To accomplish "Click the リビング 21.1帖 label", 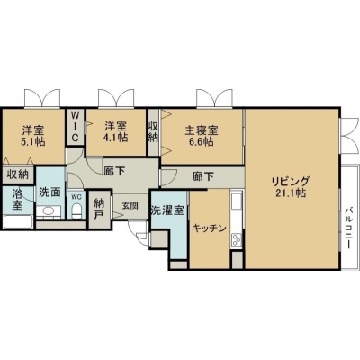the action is pyautogui.click(x=291, y=187).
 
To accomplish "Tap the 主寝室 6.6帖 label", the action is pyautogui.click(x=202, y=136).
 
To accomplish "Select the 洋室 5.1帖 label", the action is pyautogui.click(x=33, y=136).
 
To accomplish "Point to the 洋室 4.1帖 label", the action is pyautogui.click(x=116, y=131).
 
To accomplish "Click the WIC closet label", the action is pyautogui.click(x=76, y=127).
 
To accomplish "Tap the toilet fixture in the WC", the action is pyautogui.click(x=77, y=211).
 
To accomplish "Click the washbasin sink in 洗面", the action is pyautogui.click(x=49, y=211).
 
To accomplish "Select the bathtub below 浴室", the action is pyautogui.click(x=18, y=222).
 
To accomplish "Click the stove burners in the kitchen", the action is pyautogui.click(x=237, y=239).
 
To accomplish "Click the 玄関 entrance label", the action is pyautogui.click(x=130, y=206).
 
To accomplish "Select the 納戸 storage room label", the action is pyautogui.click(x=99, y=210).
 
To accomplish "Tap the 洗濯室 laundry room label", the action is pyautogui.click(x=167, y=211).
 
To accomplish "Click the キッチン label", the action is pyautogui.click(x=209, y=229).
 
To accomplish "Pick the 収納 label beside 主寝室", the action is pyautogui.click(x=153, y=131).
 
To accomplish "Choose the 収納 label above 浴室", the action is pyautogui.click(x=18, y=175).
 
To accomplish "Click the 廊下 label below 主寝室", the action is pyautogui.click(x=203, y=176).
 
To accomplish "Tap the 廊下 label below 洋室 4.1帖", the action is pyautogui.click(x=114, y=171).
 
